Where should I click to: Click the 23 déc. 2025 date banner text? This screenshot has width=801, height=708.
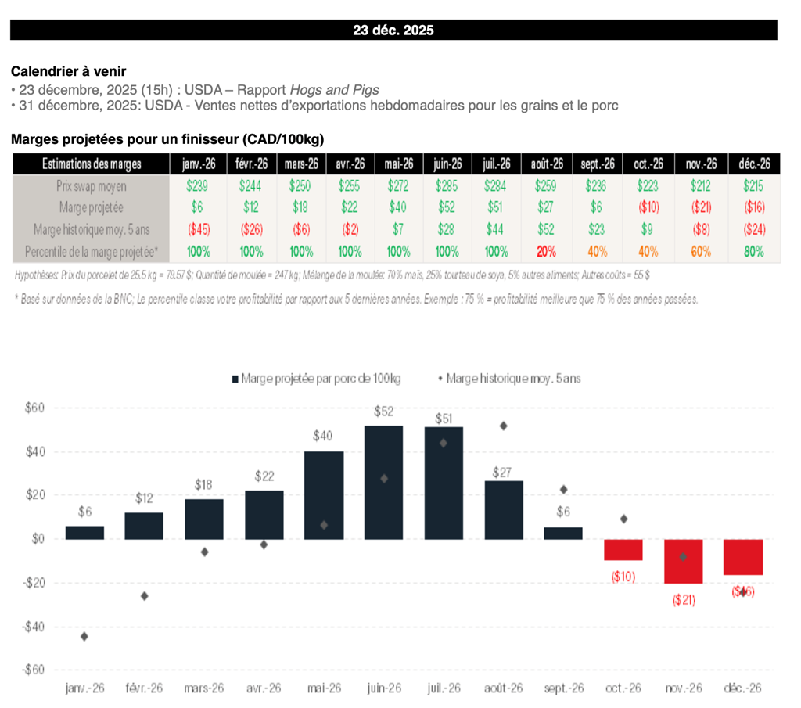(x=393, y=31)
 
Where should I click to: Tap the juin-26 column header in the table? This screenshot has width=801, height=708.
(x=447, y=164)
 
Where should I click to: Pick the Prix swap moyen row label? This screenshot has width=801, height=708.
(x=92, y=186)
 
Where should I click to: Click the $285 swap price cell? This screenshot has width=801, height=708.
(x=447, y=186)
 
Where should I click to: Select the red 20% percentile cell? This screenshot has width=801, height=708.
(x=546, y=252)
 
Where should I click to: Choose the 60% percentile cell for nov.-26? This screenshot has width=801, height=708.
(x=700, y=252)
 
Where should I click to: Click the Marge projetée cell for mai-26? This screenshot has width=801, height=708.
(x=398, y=208)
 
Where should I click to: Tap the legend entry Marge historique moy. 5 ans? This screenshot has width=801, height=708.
(x=512, y=378)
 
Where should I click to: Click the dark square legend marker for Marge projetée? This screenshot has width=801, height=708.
(x=235, y=379)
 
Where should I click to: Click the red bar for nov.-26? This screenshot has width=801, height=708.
(x=684, y=561)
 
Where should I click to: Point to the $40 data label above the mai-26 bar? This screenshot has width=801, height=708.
(x=323, y=436)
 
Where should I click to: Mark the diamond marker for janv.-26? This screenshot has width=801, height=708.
(x=84, y=636)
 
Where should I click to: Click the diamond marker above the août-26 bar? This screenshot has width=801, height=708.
(x=504, y=426)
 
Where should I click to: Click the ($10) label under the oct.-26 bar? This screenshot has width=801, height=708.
(x=623, y=577)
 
